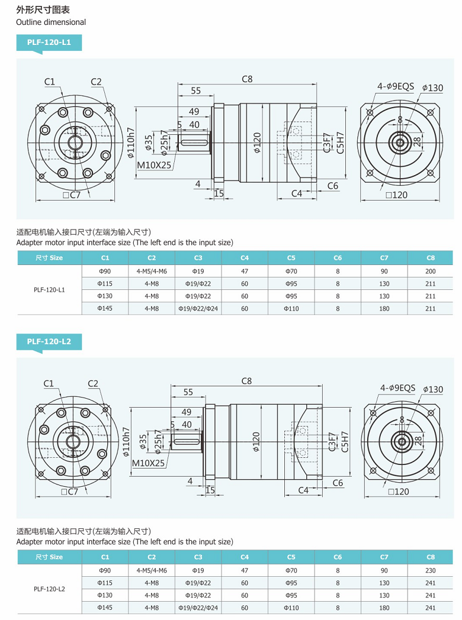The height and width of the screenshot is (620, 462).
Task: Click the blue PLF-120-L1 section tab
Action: point(49,43)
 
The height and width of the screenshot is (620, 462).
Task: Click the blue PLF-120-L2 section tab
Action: point(49,341)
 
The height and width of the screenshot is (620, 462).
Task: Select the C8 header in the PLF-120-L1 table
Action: point(430,258)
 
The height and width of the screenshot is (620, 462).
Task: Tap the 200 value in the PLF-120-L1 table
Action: point(430,271)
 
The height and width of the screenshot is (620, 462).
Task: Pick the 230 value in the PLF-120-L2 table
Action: point(430,570)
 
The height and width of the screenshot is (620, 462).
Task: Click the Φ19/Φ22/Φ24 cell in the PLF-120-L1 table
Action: point(198,308)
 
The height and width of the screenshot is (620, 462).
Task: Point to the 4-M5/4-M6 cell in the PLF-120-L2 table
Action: point(152,570)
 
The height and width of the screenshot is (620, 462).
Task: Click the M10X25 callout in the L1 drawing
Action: point(154,165)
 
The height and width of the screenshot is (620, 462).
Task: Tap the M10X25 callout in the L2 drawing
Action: point(148,463)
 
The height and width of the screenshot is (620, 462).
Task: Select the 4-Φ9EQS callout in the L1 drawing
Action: point(396,86)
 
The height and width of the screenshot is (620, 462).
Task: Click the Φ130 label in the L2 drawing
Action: point(432,389)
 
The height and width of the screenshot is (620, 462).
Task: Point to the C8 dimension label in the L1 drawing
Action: point(247,79)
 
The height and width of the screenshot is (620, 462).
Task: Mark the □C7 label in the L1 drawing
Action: point(70,195)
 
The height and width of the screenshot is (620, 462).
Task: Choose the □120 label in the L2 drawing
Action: point(397,491)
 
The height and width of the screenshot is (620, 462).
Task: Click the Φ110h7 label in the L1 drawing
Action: point(131,144)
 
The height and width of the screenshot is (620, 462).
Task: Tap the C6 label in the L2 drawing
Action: point(338,483)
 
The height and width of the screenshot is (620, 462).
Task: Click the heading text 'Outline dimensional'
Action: point(51,22)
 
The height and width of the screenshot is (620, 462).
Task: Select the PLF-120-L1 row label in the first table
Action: point(49,290)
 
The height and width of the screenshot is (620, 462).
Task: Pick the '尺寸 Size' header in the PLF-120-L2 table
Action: point(49,557)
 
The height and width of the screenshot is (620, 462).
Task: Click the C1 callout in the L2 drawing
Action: point(49,383)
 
